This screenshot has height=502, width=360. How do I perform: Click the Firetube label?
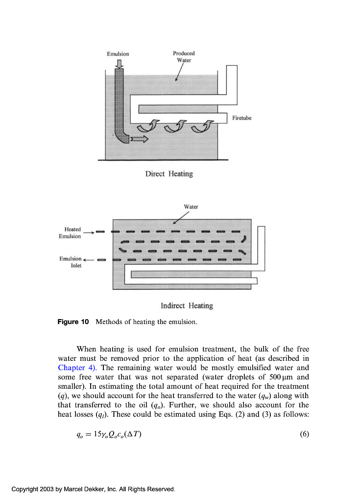coord(242,118)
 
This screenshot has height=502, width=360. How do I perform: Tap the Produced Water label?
coord(183,56)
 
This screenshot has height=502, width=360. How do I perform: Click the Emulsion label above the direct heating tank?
coord(118,53)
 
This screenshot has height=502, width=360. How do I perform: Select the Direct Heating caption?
coord(169,174)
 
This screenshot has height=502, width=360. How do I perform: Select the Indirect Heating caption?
coord(187,306)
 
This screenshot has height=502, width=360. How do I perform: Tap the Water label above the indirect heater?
coord(191,206)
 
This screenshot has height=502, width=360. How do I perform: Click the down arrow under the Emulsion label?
coord(118,62)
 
